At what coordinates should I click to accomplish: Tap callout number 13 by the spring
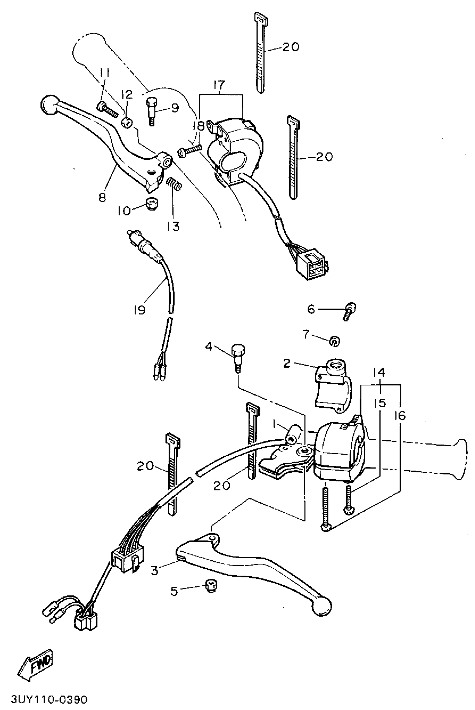tap(173, 226)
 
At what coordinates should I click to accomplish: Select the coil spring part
tap(174, 184)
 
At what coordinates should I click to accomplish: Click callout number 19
tap(139, 310)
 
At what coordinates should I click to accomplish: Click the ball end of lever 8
tap(47, 105)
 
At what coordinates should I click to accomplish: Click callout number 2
tap(287, 363)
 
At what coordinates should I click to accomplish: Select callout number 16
tap(400, 416)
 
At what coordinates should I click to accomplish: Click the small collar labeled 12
tap(127, 123)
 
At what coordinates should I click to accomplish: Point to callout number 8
tap(102, 198)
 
